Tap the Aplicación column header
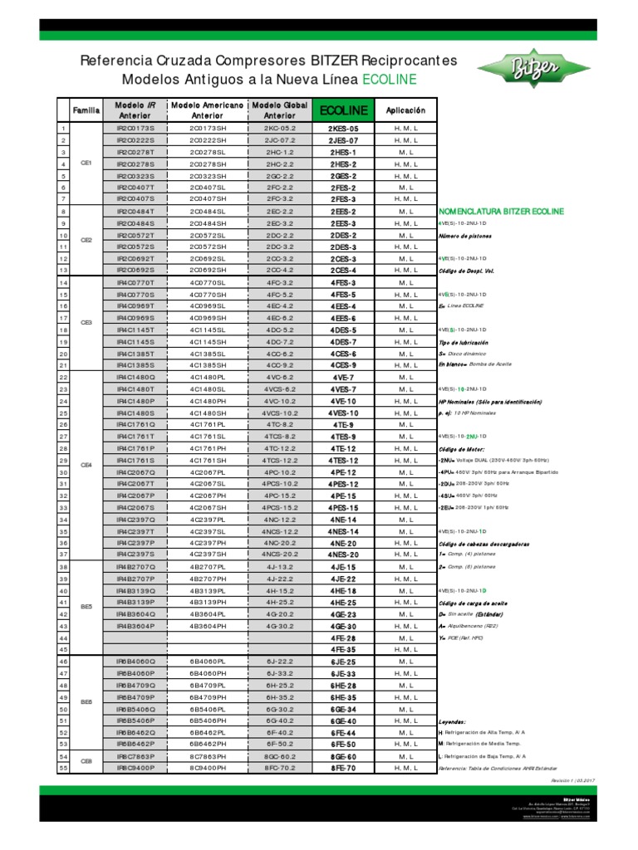point(405,110)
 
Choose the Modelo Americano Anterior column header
point(207,110)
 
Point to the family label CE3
point(86,322)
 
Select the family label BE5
point(86,607)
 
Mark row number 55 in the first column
point(62,769)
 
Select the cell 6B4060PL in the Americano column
point(207,662)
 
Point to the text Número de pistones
point(469,236)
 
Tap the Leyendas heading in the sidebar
point(452,722)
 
